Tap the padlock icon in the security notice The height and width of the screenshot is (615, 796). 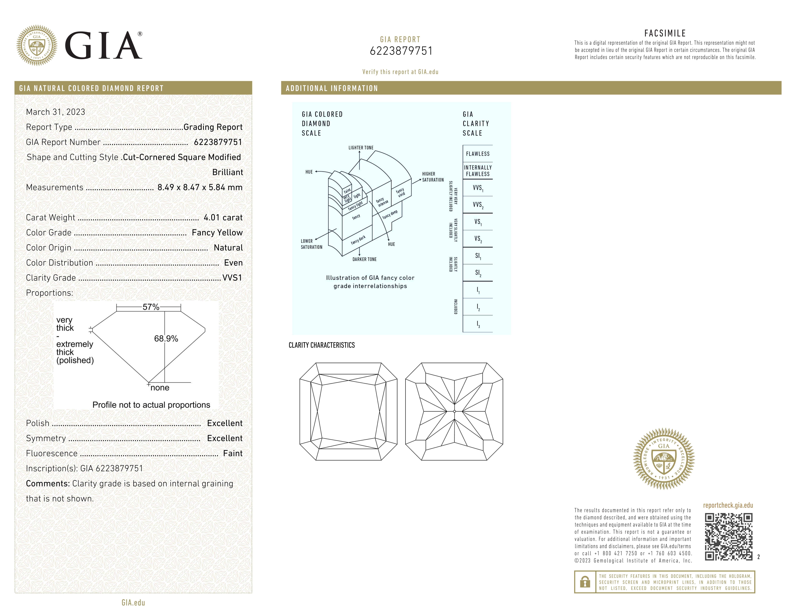tap(585, 582)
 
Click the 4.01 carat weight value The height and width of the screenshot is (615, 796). tap(223, 218)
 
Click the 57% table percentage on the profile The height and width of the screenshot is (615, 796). tap(151, 307)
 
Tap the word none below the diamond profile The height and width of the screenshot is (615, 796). tap(160, 388)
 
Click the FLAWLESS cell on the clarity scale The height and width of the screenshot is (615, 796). tap(477, 154)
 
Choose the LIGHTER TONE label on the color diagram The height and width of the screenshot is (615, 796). tap(361, 148)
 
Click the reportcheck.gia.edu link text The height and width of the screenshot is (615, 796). tap(728, 505)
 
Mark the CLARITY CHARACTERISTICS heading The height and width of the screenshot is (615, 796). tap(321, 345)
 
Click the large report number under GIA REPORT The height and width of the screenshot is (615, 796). tap(401, 51)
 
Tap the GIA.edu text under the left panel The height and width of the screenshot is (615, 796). tap(133, 603)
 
